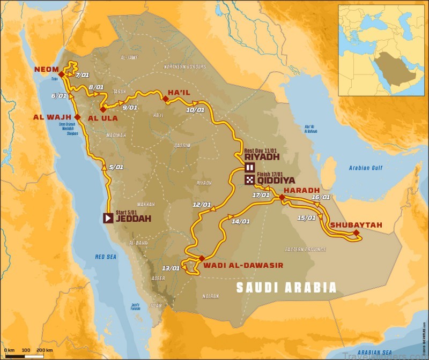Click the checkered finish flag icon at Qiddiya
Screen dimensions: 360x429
click(249, 181)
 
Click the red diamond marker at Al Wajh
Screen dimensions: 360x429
click(77, 117)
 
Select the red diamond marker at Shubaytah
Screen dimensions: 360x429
click(356, 232)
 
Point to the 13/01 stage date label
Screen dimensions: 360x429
click(171, 268)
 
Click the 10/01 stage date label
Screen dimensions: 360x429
click(195, 110)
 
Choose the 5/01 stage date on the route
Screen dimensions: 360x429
click(116, 167)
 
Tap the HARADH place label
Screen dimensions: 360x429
click(301, 190)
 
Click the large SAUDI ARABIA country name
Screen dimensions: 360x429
click(287, 288)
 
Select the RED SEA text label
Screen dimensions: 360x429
click(105, 257)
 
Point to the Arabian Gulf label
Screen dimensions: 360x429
click(366, 168)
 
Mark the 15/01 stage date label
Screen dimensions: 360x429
click(306, 217)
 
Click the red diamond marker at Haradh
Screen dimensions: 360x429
click(282, 198)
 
